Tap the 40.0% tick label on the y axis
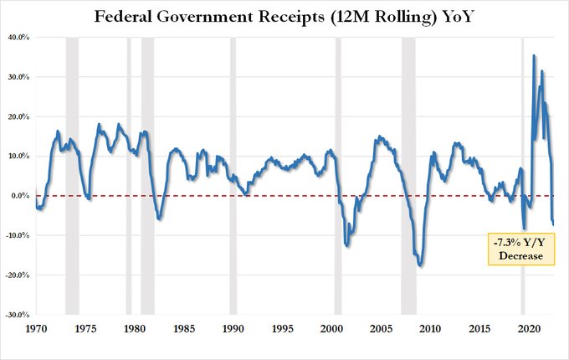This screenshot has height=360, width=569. coord(19,38)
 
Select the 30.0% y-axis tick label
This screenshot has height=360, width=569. coord(19,77)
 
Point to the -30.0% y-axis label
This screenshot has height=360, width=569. coord(18,316)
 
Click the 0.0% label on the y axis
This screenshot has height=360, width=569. coord(21,196)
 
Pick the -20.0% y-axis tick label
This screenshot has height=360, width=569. coord(18,275)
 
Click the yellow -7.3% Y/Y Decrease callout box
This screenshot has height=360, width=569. coord(522,249)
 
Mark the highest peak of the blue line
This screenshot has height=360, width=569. coord(535,56)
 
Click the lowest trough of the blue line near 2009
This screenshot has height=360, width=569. coord(420,265)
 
